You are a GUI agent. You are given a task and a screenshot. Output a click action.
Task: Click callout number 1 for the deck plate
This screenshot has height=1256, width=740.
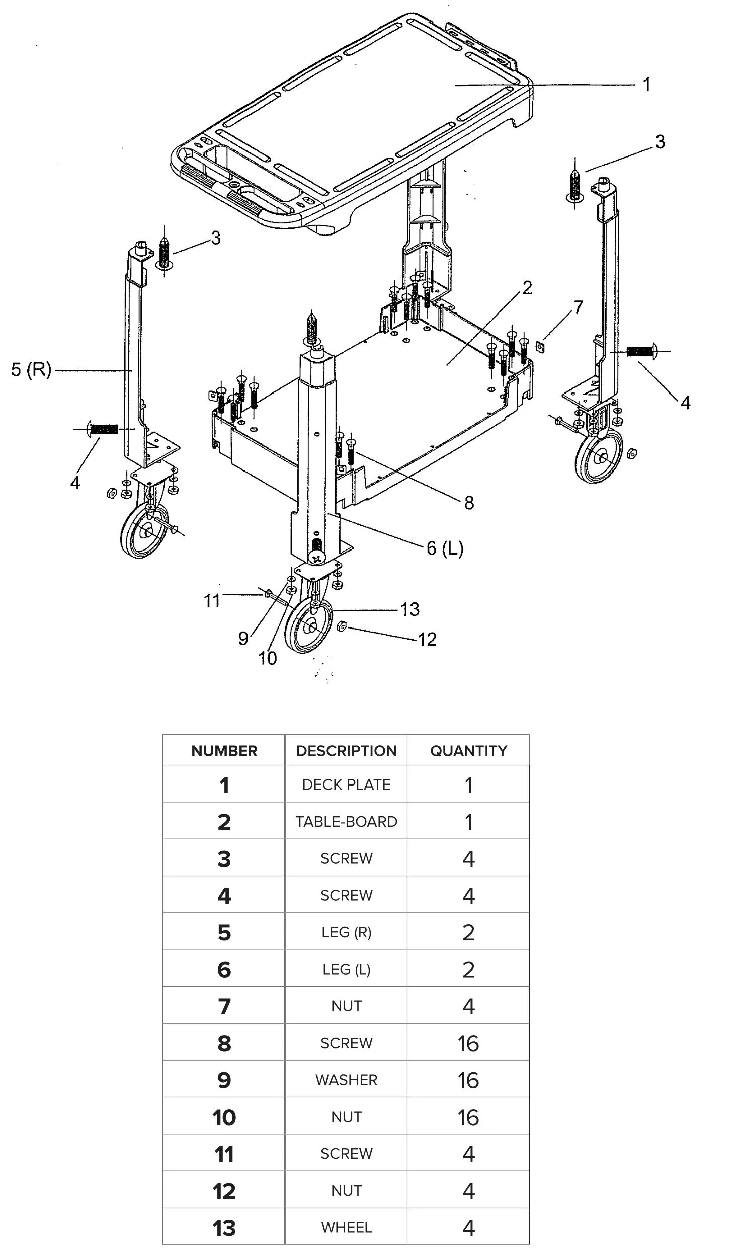(647, 84)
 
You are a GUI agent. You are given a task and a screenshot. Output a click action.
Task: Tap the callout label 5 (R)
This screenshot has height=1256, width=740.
(31, 370)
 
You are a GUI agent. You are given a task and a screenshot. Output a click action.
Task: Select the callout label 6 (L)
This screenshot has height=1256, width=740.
(445, 548)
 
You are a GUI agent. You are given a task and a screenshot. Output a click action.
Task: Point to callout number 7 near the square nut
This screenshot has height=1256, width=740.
(579, 307)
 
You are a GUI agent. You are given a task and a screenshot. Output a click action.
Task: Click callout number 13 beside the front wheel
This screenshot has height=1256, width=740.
(410, 609)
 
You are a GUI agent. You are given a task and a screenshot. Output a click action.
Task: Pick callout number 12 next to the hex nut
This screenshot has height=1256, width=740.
(427, 640)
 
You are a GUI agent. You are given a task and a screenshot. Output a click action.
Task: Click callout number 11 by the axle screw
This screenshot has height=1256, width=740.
(212, 600)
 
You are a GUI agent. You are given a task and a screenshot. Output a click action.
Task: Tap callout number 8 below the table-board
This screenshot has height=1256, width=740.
(469, 502)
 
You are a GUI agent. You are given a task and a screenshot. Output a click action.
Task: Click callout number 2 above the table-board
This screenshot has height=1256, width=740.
(527, 288)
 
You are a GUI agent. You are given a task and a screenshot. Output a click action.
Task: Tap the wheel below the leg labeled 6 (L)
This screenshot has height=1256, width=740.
(309, 626)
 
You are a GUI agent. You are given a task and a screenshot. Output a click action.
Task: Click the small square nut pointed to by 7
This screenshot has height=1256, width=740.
(540, 346)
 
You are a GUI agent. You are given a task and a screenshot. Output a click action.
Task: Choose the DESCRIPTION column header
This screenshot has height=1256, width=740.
(346, 751)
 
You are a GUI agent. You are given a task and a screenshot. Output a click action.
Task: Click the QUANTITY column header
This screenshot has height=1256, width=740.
(468, 751)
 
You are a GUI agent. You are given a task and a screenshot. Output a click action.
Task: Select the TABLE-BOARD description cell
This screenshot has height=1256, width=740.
(346, 822)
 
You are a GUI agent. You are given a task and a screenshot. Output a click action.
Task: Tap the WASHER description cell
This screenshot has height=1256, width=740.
(346, 1080)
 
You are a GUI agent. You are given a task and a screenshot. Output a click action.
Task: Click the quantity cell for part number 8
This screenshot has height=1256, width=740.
(468, 1043)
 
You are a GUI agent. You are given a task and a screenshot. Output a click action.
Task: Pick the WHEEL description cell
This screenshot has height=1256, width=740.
(346, 1227)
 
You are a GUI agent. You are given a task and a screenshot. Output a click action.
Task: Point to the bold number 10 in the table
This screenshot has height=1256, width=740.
(224, 1117)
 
